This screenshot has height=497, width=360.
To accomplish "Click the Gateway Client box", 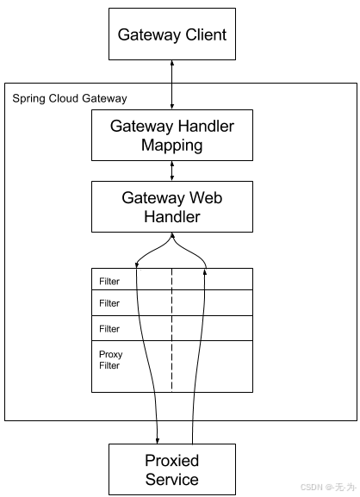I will click(x=172, y=35).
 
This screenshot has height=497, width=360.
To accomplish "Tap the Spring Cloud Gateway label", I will click(x=69, y=99).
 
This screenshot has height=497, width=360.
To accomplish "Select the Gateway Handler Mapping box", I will click(x=172, y=135).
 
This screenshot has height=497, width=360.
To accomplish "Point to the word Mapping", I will click(x=172, y=145).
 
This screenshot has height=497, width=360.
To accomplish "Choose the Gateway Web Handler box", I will click(x=172, y=207).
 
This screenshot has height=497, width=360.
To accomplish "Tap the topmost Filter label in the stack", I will click(x=109, y=281).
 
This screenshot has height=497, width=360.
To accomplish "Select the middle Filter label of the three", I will click(x=109, y=303).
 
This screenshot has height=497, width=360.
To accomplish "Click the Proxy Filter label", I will click(x=111, y=360).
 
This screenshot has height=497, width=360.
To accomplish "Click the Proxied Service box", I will click(x=172, y=469).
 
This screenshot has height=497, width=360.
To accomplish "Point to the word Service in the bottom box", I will click(x=172, y=480).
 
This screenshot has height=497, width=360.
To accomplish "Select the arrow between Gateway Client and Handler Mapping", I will click(x=172, y=85).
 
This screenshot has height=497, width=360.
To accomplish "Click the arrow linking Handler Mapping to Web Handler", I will click(x=172, y=171).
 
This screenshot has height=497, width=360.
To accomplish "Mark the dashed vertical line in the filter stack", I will click(x=172, y=327).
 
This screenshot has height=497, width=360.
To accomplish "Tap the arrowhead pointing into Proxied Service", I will click(x=157, y=439).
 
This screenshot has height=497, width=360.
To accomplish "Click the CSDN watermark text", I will click(x=326, y=488).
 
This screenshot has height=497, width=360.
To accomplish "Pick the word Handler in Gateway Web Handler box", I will click(x=172, y=217).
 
